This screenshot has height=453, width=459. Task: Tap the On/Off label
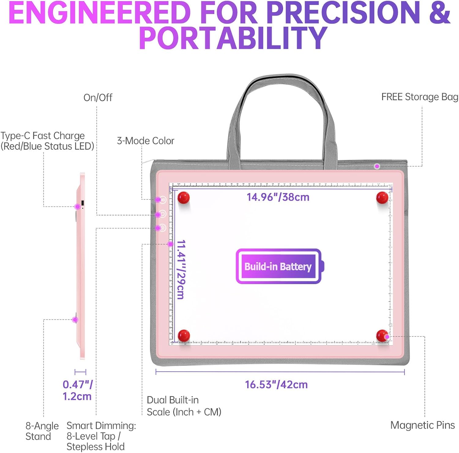pos(98,98)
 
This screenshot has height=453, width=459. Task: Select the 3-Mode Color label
pos(146,141)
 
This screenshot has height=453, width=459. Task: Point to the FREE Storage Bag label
pos(420,97)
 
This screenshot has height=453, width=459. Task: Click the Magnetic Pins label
pos(422,425)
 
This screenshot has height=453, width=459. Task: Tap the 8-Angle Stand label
pos(42,431)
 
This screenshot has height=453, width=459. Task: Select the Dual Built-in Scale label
pos(184,406)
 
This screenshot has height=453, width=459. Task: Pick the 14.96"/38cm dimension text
pos(278,197)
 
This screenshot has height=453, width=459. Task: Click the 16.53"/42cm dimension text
pos(276,385)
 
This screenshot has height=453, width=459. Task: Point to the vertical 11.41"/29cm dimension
pos(181,269)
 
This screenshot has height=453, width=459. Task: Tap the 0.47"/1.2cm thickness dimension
pos(77,390)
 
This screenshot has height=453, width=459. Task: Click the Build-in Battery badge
pos(278,266)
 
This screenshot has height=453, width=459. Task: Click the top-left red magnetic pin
pos(184,198)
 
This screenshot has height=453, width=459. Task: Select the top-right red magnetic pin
pos(382,198)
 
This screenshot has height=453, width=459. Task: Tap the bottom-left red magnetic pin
pos(184,335)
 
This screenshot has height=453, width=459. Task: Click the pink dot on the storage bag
pos(377,166)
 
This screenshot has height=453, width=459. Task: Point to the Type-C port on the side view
pos(83,203)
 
